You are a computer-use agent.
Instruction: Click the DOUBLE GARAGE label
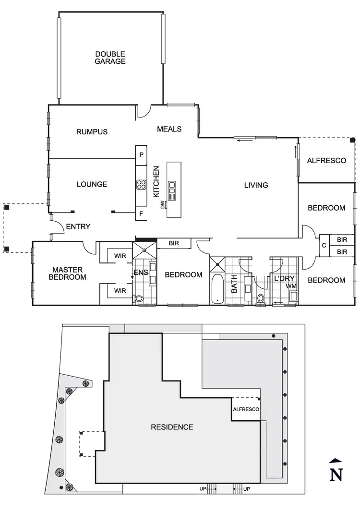point(110,58)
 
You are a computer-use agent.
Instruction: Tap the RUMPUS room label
point(92,132)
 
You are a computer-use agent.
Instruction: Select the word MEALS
point(169,129)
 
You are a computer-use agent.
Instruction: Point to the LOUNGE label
point(92,184)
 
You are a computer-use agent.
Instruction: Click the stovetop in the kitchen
point(141,184)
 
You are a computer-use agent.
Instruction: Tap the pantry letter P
point(141,155)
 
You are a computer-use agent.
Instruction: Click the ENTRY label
point(78,226)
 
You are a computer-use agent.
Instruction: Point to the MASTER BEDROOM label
point(69,273)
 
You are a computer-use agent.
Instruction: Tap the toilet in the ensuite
point(139,299)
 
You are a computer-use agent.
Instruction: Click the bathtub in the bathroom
point(217,289)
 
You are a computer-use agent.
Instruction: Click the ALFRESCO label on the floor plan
point(326,161)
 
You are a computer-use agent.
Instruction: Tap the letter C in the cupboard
point(324,245)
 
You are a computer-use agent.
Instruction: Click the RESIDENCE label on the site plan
point(172,427)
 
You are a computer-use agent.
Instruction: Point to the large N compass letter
point(337,474)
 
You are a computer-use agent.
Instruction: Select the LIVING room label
point(256,185)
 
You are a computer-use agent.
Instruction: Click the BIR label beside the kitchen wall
point(174,244)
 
